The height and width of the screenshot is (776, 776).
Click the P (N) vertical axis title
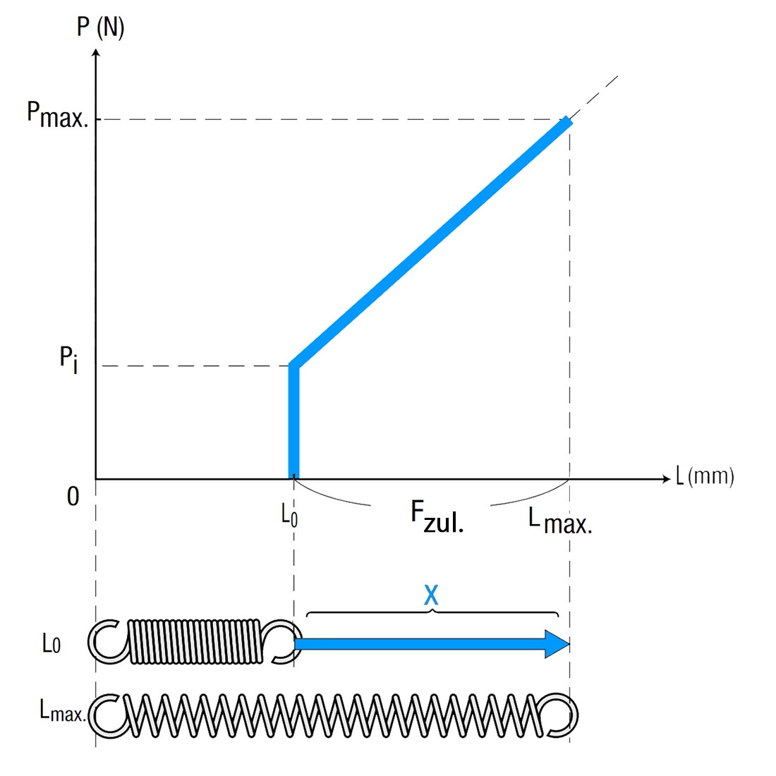pyautogui.click(x=100, y=28)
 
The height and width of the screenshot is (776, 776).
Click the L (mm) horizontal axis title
pyautogui.click(x=705, y=476)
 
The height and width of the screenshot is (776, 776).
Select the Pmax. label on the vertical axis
pyautogui.click(x=58, y=115)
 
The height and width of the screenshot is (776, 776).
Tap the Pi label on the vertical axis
pyautogui.click(x=69, y=360)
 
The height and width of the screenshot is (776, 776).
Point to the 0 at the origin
pyautogui.click(x=73, y=497)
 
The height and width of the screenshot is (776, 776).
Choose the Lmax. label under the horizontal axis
pyautogui.click(x=560, y=521)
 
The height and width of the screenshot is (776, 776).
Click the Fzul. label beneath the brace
pyautogui.click(x=437, y=516)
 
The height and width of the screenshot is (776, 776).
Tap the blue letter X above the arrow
pyautogui.click(x=431, y=595)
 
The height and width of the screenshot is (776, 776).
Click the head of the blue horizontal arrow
pyautogui.click(x=557, y=644)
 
